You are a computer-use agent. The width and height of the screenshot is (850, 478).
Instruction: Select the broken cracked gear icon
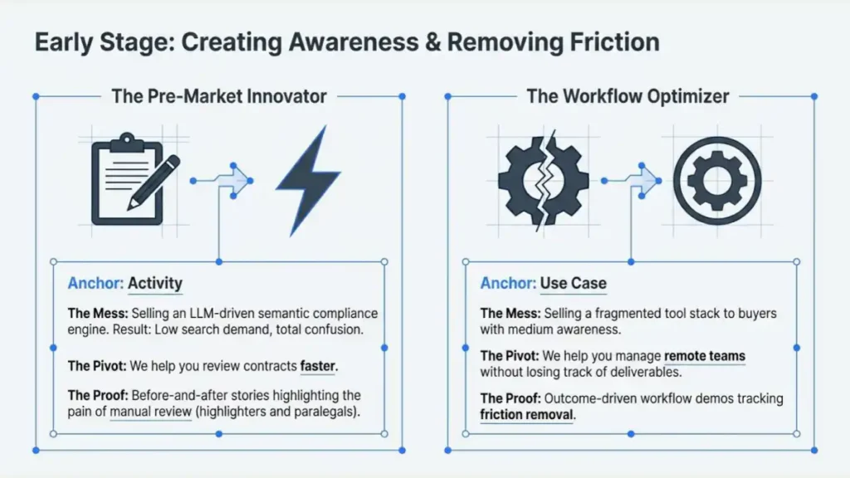[x=543, y=178]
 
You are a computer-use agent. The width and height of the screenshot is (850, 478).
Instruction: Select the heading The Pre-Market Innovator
[x=219, y=96]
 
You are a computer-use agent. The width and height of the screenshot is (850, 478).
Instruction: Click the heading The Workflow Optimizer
[x=628, y=96]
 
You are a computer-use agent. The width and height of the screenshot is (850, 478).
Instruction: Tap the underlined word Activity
[x=155, y=284]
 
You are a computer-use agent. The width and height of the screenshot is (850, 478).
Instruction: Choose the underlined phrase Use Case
[x=573, y=284]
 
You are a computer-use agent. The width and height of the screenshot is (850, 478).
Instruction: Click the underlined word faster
[x=319, y=365]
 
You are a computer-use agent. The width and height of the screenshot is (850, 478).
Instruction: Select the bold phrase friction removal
[x=526, y=414]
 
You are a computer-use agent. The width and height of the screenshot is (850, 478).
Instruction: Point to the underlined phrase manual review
[x=151, y=411]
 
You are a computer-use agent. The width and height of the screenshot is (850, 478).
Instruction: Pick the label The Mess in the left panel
[x=96, y=314]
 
